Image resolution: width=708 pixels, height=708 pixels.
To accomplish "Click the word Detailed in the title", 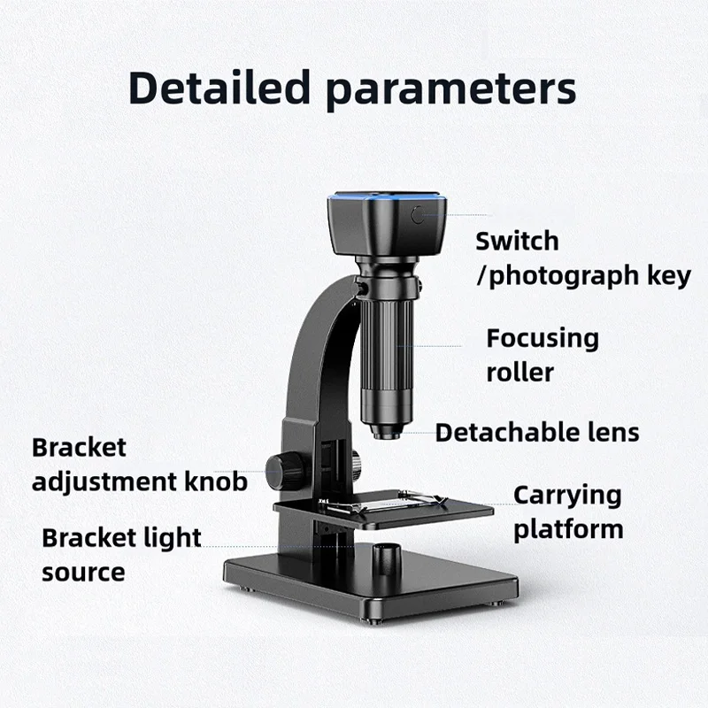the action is point(219,88).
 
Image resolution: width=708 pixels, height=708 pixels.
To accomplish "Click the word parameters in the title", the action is point(450,91).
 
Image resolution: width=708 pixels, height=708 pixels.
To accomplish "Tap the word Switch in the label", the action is point(517,241).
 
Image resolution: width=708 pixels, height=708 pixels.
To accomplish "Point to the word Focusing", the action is point(543,339).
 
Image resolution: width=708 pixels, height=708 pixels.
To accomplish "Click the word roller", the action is point(520,373).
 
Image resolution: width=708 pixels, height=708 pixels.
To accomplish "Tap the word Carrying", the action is point(567,496).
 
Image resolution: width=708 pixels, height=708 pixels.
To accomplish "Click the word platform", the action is point(568,529).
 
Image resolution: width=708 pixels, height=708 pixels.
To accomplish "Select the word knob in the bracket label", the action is point(216,481).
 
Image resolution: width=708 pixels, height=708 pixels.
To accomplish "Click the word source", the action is point(83,572).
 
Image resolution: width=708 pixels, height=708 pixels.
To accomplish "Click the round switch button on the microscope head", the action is point(419,215).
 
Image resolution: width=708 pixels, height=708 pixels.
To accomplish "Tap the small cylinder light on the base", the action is point(387,559).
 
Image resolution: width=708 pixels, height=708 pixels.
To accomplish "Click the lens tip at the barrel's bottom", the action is point(386,432).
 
